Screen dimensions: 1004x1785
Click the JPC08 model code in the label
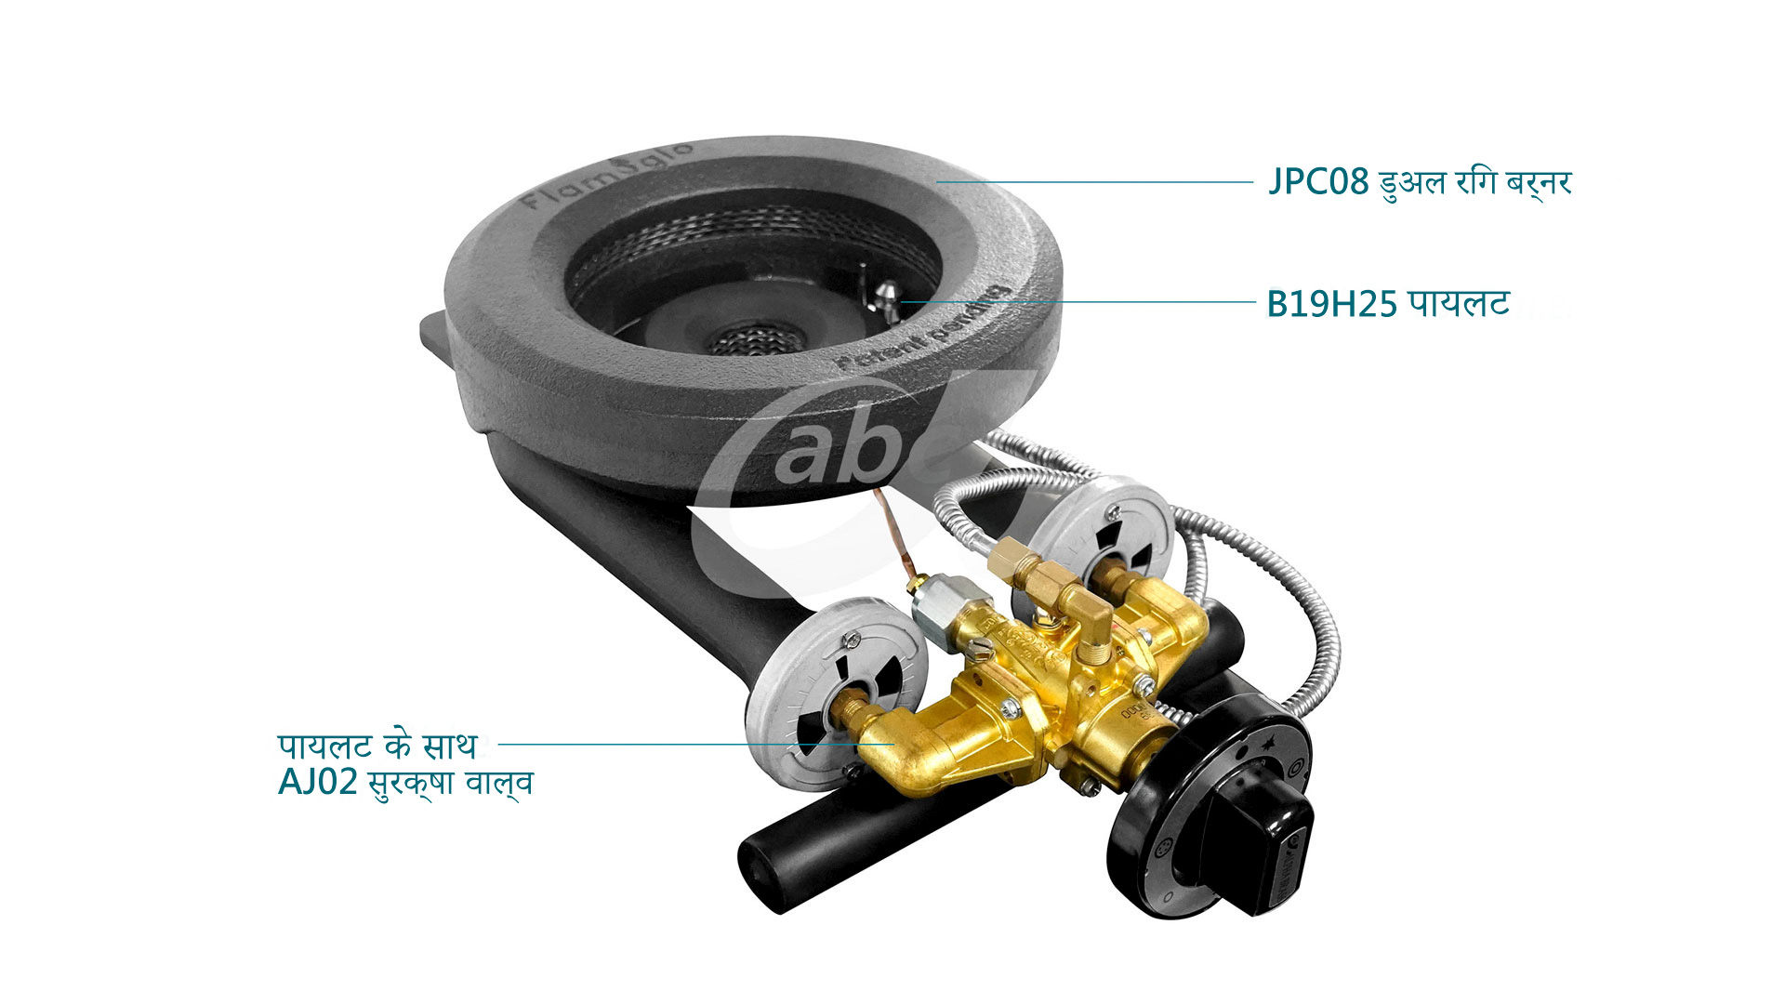pos(1318,182)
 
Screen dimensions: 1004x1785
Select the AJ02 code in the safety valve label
pos(317,782)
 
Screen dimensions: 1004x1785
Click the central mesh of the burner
pos(748,339)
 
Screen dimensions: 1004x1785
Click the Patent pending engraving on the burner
pos(925,330)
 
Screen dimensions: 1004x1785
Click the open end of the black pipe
pos(758,874)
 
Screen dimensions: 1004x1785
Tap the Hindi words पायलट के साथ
pos(377,745)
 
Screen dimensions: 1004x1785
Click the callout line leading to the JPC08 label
pos(1097,182)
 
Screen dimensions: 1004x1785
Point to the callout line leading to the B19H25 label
pos(1078,302)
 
